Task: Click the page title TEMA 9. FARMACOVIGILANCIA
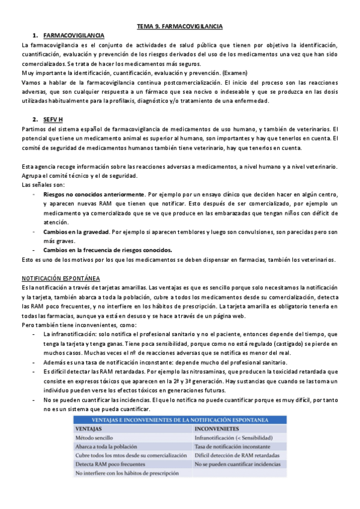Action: coord(180,27)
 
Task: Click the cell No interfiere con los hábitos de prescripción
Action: coord(128,473)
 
